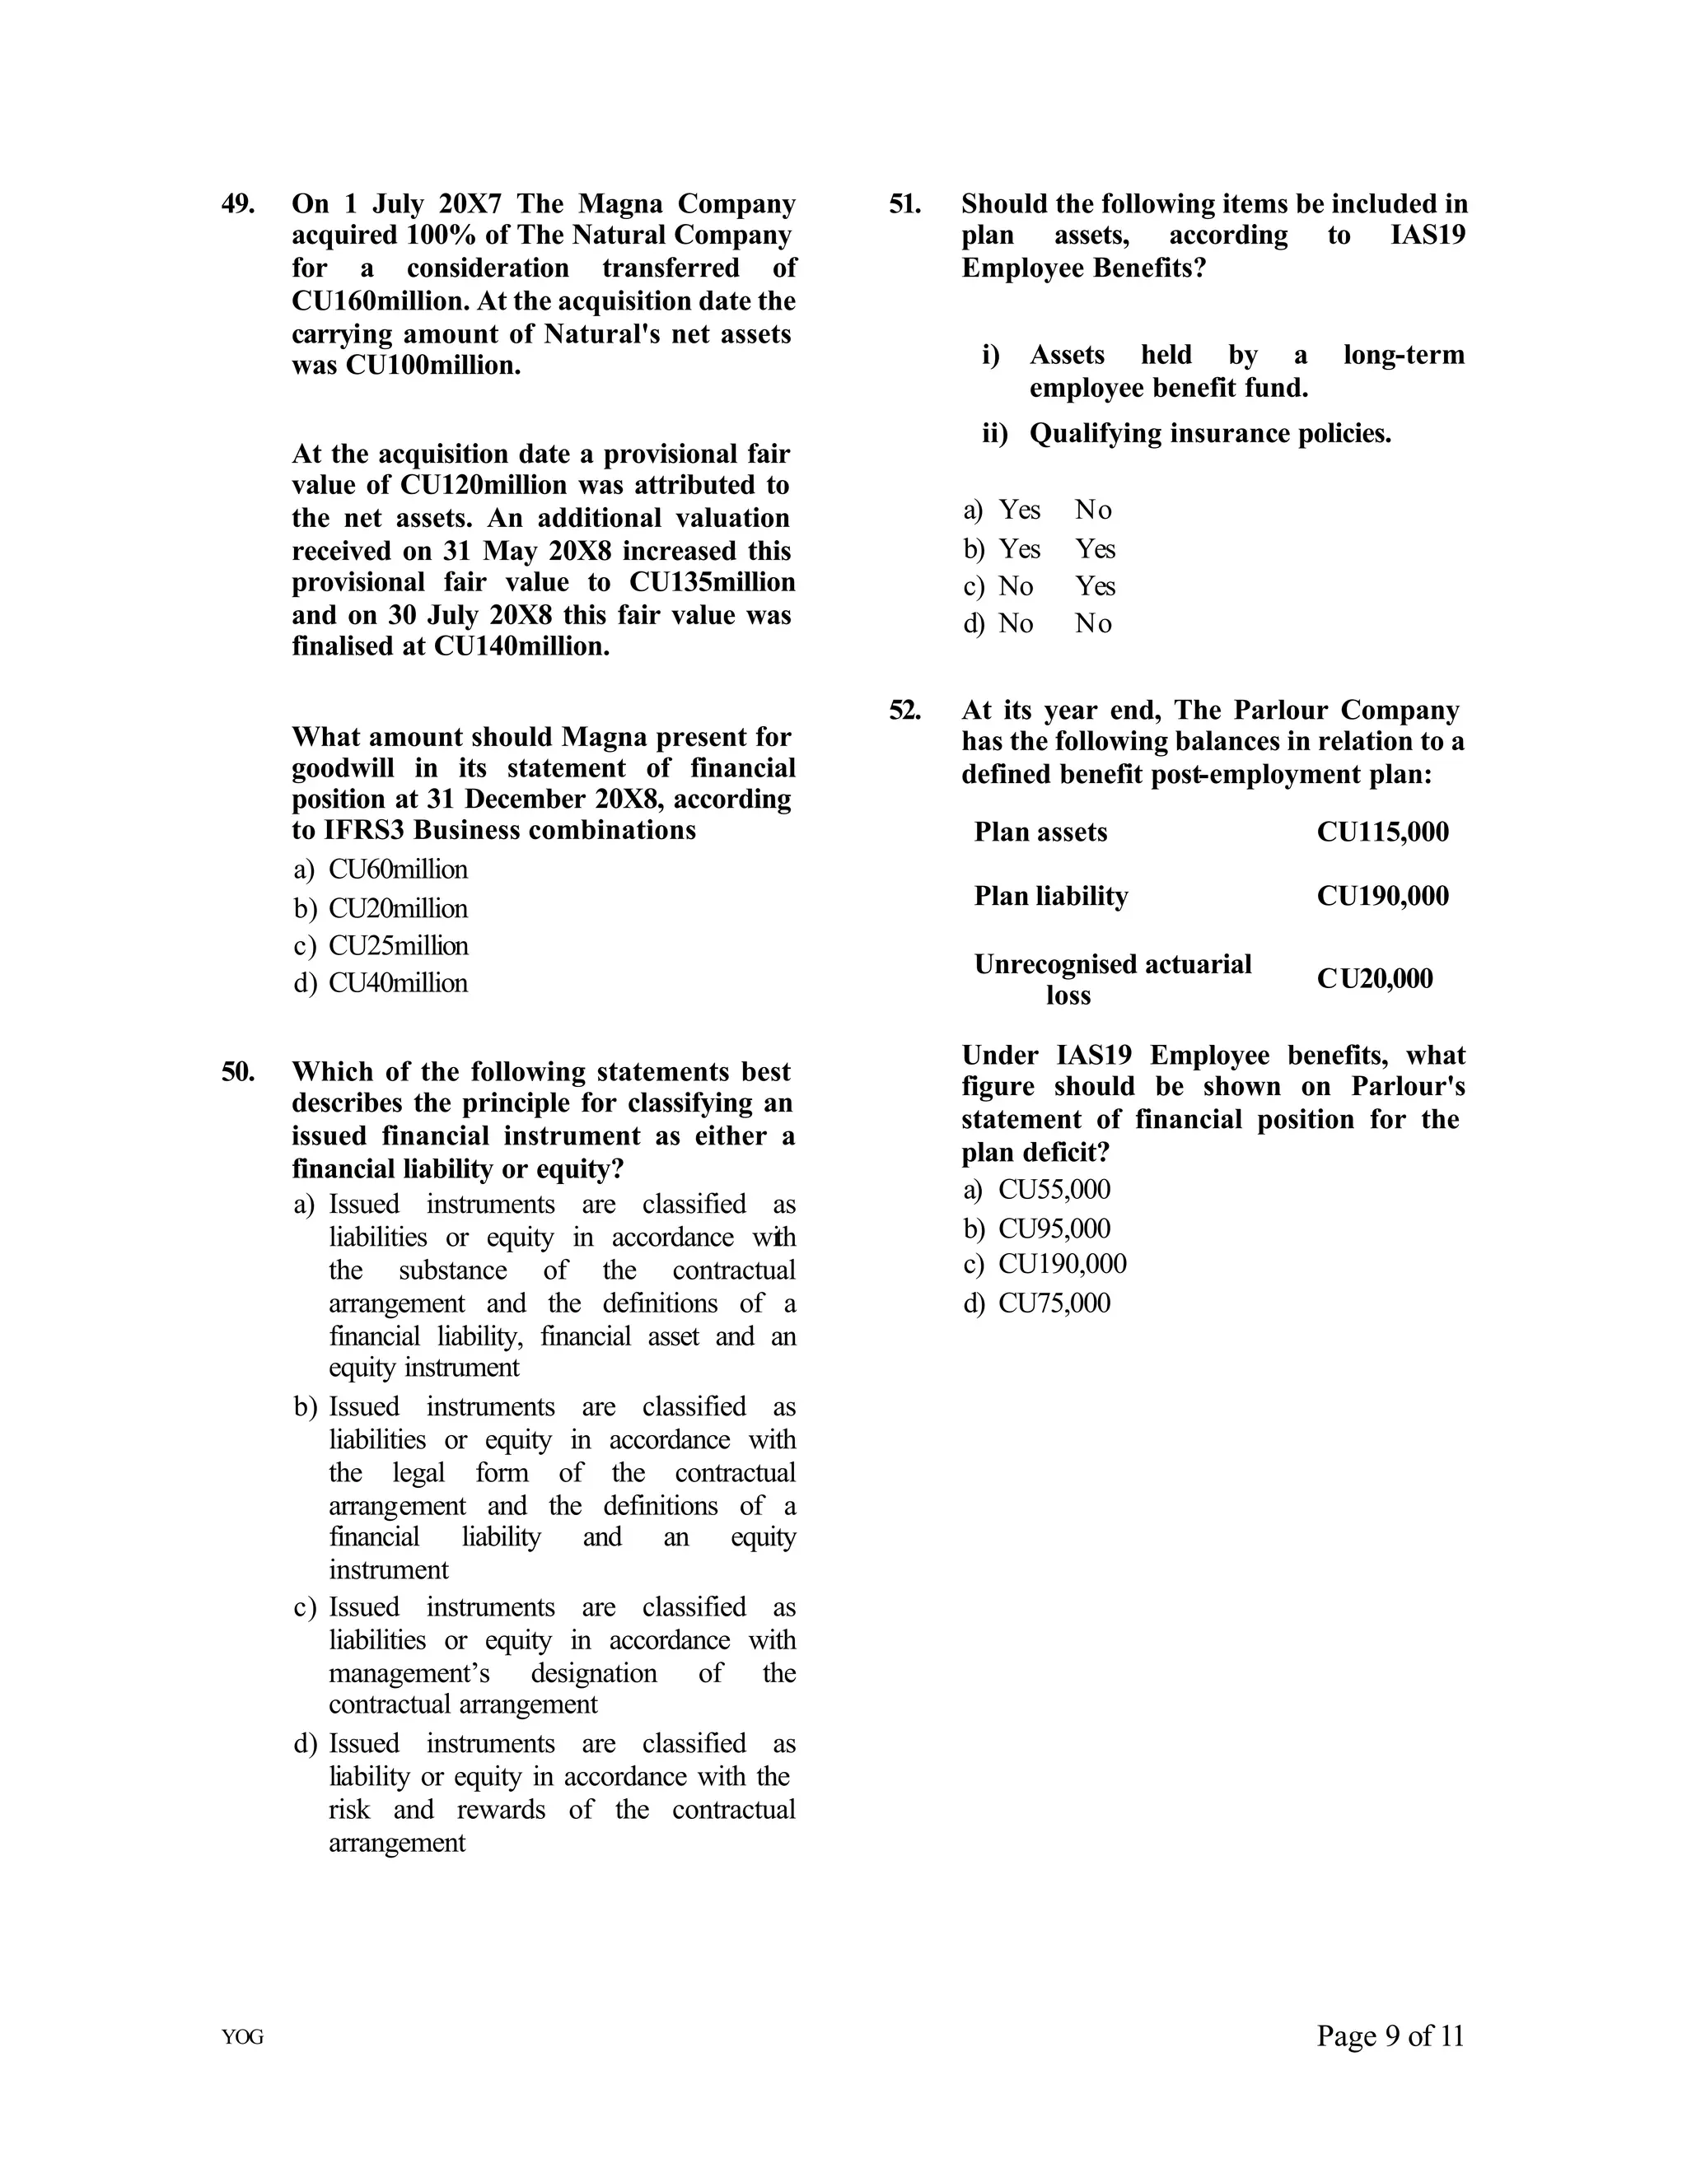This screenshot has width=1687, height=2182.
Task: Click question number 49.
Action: (x=238, y=204)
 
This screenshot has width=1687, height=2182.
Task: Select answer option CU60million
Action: (x=397, y=870)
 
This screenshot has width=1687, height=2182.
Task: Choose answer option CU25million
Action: (x=397, y=945)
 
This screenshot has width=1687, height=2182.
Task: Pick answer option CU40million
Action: (x=397, y=983)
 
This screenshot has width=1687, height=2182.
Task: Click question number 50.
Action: (x=238, y=1072)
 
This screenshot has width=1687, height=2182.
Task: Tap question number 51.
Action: (x=904, y=204)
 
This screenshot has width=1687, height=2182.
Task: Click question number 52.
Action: (x=904, y=711)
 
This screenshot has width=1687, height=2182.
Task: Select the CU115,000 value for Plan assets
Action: (x=1382, y=832)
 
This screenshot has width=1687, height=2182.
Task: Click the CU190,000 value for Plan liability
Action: (x=1382, y=896)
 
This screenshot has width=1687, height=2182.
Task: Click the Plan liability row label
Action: (x=1050, y=896)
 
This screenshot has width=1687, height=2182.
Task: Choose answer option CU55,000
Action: (x=1054, y=1189)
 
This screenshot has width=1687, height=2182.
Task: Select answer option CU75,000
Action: (x=1054, y=1303)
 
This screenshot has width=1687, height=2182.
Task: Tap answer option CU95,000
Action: (x=1054, y=1228)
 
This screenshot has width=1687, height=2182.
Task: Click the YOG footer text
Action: (x=243, y=2038)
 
